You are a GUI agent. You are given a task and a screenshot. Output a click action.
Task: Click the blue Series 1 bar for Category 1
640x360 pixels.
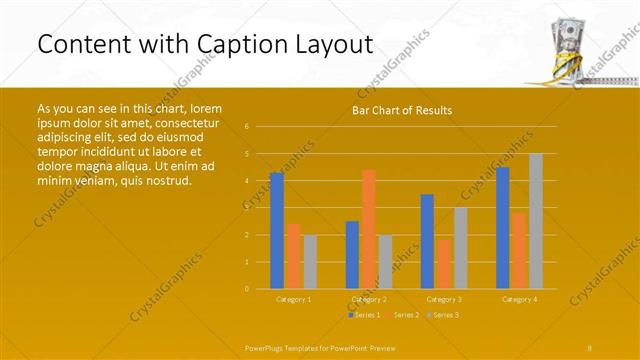coord(277,231)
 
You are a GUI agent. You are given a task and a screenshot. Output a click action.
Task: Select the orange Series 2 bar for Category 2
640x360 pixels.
coord(369,229)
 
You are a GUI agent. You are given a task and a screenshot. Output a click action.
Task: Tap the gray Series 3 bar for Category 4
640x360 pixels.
coord(536,221)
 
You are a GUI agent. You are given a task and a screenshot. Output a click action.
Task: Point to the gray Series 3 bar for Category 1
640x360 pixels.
coord(309,262)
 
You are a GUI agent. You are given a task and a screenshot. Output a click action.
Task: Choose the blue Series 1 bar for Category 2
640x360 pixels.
coord(352,255)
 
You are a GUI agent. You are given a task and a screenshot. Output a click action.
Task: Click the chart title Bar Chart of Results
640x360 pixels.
coord(402,110)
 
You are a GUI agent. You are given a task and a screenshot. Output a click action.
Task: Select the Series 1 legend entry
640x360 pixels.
coord(364,315)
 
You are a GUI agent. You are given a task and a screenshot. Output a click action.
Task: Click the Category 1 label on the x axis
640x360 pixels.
coord(293,299)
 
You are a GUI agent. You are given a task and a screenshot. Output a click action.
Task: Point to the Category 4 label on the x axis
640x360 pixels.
coord(520,299)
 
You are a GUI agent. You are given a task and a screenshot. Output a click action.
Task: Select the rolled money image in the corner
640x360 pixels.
coord(568,47)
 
